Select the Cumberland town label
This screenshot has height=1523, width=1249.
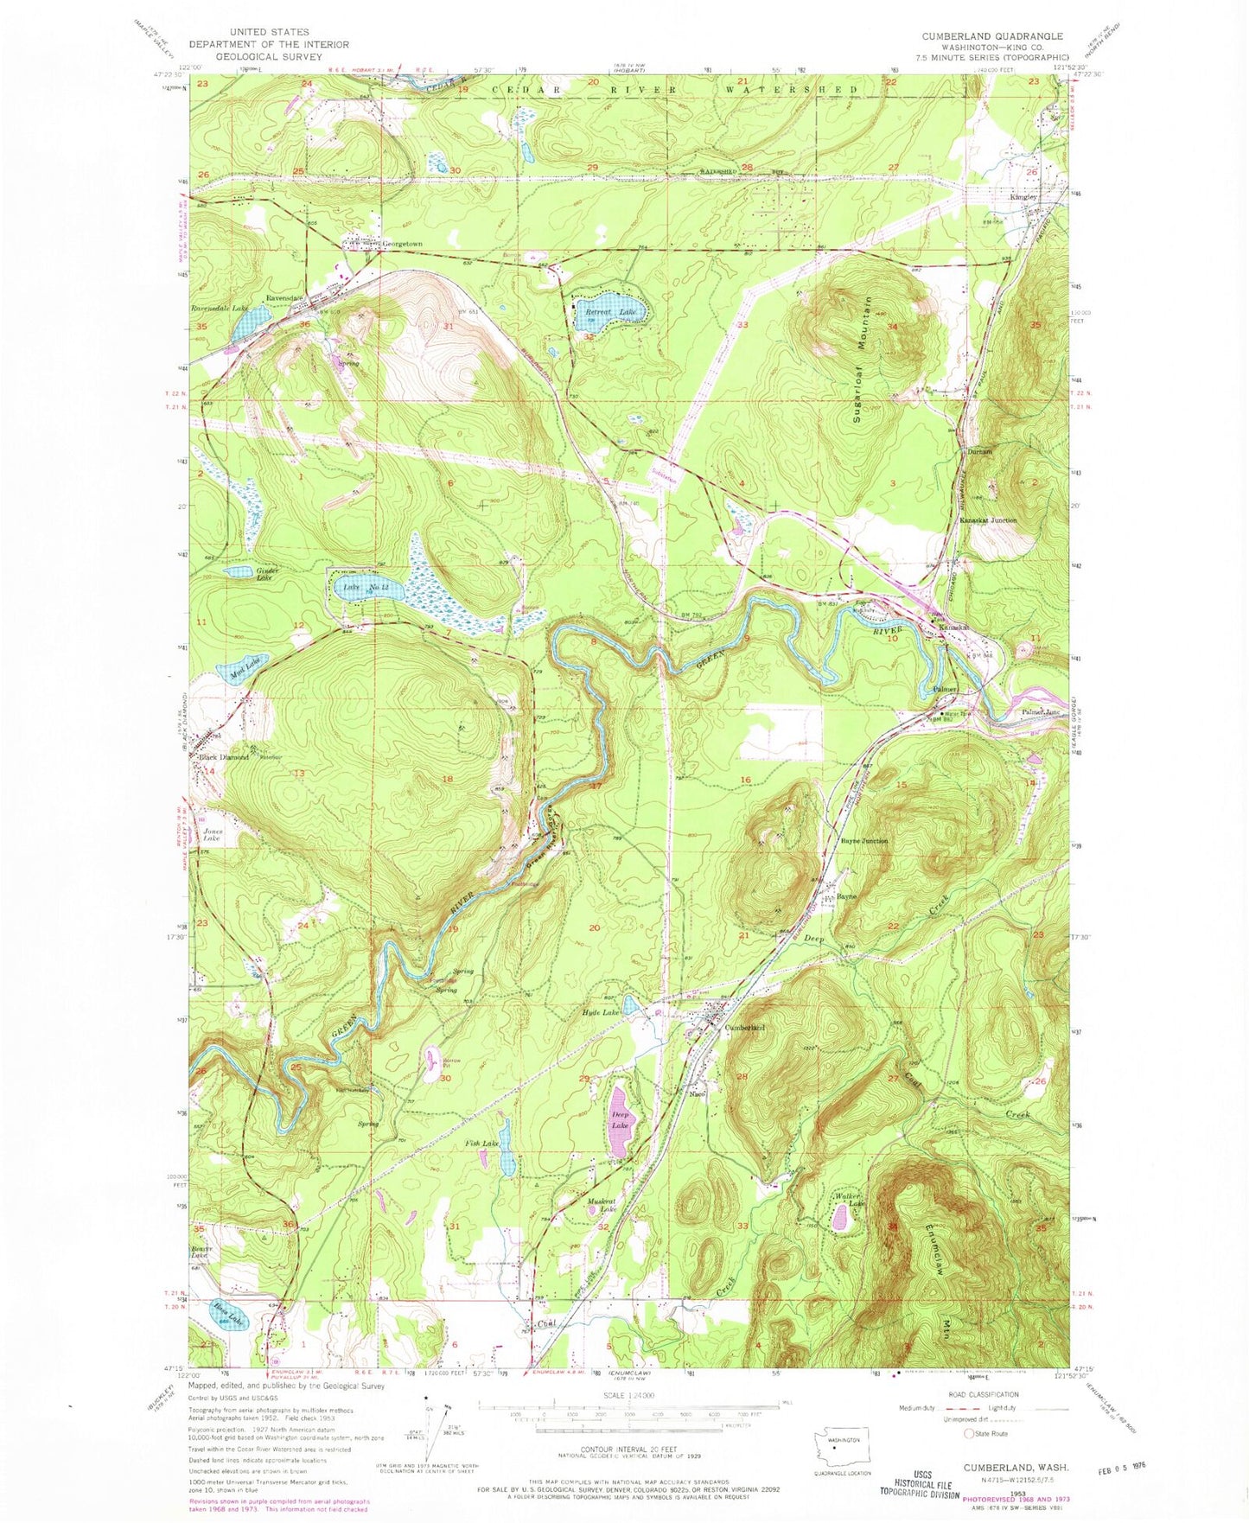click(745, 1028)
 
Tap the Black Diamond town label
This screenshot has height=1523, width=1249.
click(224, 757)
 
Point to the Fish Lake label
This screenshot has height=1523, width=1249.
click(481, 1144)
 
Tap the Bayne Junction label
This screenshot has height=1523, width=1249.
click(863, 841)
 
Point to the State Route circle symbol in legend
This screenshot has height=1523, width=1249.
click(969, 1434)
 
